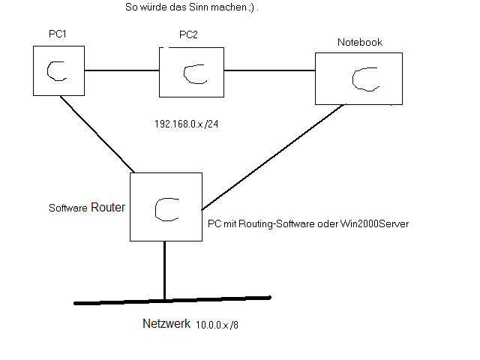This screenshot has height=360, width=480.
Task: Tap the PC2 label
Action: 188,35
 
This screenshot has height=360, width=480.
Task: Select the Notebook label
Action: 359,43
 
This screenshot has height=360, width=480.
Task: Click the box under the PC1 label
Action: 58,70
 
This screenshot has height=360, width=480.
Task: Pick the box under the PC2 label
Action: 192,72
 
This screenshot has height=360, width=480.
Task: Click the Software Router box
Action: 166,207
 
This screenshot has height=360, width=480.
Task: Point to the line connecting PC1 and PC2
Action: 121,71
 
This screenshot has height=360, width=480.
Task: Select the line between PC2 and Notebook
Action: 269,72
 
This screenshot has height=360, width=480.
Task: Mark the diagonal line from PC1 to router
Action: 101,135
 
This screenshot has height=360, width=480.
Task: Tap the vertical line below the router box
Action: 164,270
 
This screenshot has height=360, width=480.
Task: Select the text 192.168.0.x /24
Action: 185,124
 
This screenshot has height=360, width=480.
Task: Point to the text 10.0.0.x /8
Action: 217,325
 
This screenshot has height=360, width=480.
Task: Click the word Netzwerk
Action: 166,325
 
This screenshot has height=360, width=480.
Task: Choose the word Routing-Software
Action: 277,224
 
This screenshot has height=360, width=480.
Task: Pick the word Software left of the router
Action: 68,208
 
